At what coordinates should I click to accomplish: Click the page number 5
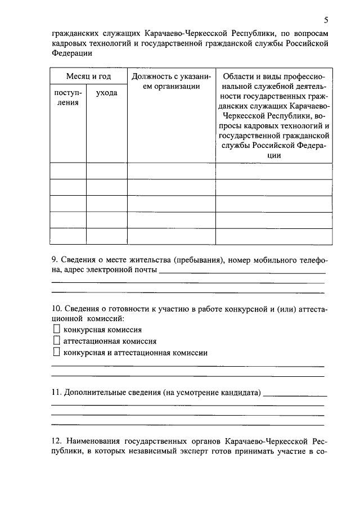point(326,20)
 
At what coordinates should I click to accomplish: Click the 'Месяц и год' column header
point(88,76)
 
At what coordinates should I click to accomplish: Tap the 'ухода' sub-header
point(106,92)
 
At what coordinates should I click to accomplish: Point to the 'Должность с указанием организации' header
point(171,81)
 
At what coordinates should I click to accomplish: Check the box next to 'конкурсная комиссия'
point(56,329)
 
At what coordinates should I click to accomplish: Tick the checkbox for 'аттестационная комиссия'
point(56,341)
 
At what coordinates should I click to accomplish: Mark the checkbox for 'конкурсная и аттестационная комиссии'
point(56,353)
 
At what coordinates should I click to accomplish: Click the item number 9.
point(54,260)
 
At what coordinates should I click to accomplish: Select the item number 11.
point(56,391)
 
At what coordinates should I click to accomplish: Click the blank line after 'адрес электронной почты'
point(242,272)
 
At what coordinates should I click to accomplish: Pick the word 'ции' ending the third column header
point(273,156)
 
